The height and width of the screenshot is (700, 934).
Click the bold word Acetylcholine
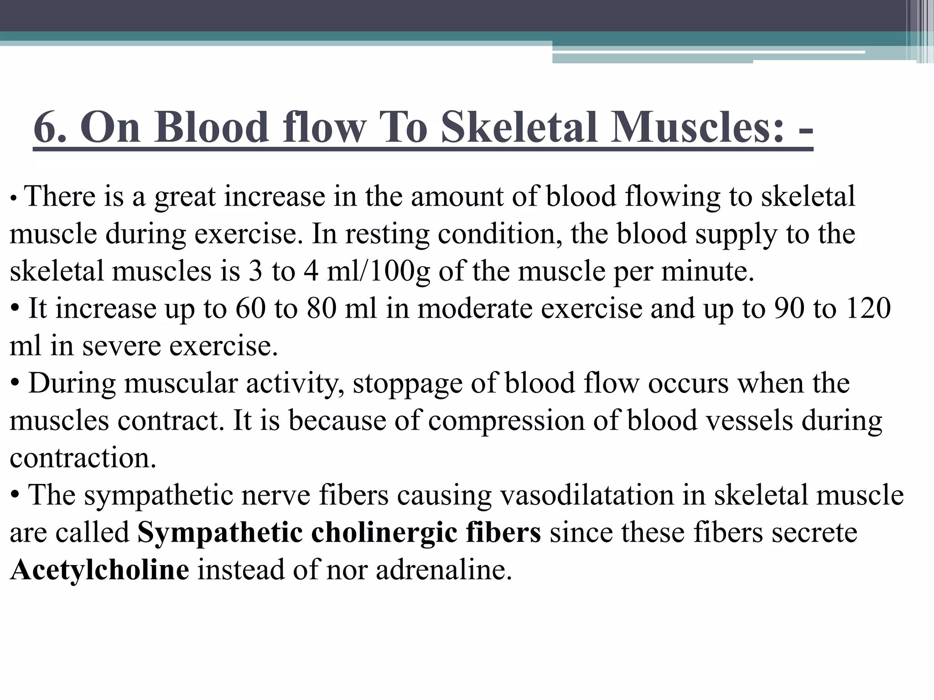(99, 570)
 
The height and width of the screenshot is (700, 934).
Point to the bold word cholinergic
(384, 532)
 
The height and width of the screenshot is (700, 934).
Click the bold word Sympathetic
(220, 532)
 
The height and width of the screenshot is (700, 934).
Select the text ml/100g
(378, 271)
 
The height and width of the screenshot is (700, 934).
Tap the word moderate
(475, 308)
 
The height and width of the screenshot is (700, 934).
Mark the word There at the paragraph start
(60, 196)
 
